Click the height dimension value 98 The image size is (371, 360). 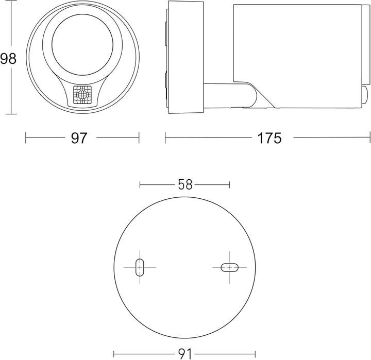coord(8,59)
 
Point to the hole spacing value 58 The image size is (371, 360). coord(184,184)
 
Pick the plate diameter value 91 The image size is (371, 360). coord(184,354)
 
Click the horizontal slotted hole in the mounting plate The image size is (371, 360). coord(229,267)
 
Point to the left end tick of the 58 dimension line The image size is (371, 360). coord(140,184)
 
